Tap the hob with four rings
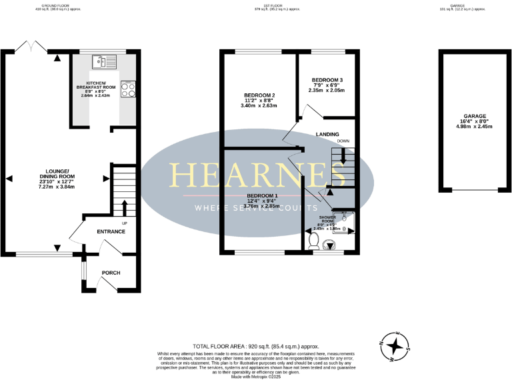coord(127,89)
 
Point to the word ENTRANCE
coord(111,231)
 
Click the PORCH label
coord(110,273)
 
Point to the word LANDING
coord(327,134)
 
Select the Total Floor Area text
coord(256,347)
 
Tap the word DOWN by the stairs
coord(343,141)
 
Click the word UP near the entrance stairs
coord(124,223)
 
